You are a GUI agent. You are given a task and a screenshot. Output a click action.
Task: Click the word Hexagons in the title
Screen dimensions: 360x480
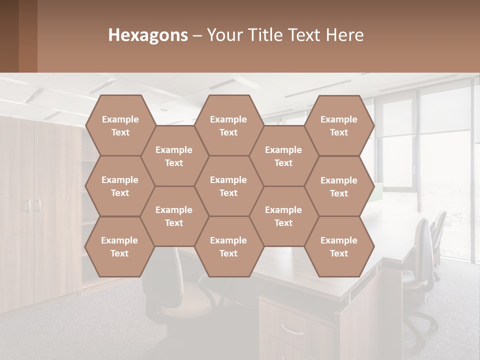coord(148,35)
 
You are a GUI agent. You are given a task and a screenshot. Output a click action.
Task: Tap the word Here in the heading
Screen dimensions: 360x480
coord(344,35)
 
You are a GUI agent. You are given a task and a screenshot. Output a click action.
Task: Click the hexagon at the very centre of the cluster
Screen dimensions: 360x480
coord(228,186)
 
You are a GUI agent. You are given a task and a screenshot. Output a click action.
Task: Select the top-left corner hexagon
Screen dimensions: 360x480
coord(120,125)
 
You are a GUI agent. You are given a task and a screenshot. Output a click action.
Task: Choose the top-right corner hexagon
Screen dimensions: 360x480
coord(339,125)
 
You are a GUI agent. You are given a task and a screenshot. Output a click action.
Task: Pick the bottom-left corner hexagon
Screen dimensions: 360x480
coord(119,246)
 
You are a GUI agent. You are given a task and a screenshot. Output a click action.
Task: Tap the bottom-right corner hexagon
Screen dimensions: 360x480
coord(339,246)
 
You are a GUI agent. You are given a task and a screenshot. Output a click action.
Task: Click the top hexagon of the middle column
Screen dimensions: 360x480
coord(228,125)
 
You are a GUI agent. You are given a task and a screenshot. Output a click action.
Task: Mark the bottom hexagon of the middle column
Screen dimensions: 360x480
coord(228,246)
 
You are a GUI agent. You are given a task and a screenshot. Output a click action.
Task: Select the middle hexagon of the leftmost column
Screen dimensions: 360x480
coord(120,186)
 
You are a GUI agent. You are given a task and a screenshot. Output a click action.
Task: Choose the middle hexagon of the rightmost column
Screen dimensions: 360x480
coord(339,186)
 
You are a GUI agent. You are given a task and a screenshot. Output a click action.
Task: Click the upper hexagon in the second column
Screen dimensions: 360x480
coord(174,156)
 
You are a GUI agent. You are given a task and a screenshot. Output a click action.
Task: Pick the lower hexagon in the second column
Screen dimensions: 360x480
coord(174,216)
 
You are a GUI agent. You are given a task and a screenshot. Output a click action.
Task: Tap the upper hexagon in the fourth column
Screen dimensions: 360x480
coord(283,156)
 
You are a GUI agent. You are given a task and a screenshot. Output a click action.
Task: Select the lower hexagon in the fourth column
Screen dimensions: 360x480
coord(283,216)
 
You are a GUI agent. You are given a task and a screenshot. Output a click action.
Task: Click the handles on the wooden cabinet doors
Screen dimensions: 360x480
coord(34,205)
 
